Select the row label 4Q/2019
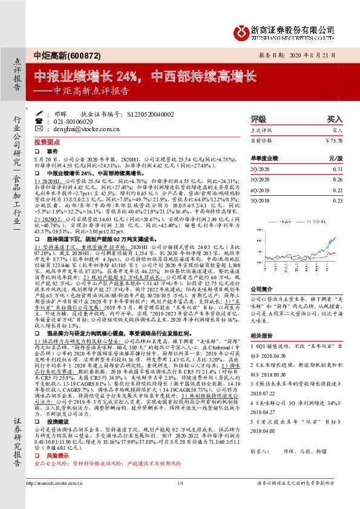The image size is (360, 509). click(x=260, y=189)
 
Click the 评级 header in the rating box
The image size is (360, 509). click(x=258, y=119)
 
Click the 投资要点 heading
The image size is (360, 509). click(x=53, y=138)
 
